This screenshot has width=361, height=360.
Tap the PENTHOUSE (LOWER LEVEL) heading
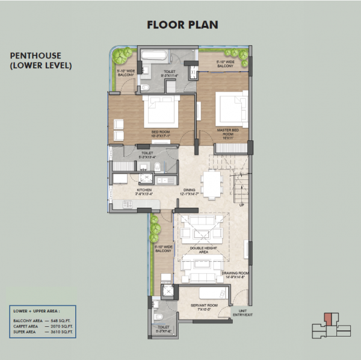pos(41,61)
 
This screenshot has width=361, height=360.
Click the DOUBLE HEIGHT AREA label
pos(199,250)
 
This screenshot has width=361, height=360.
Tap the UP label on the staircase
pos(242,205)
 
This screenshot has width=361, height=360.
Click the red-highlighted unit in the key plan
pos(327,318)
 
